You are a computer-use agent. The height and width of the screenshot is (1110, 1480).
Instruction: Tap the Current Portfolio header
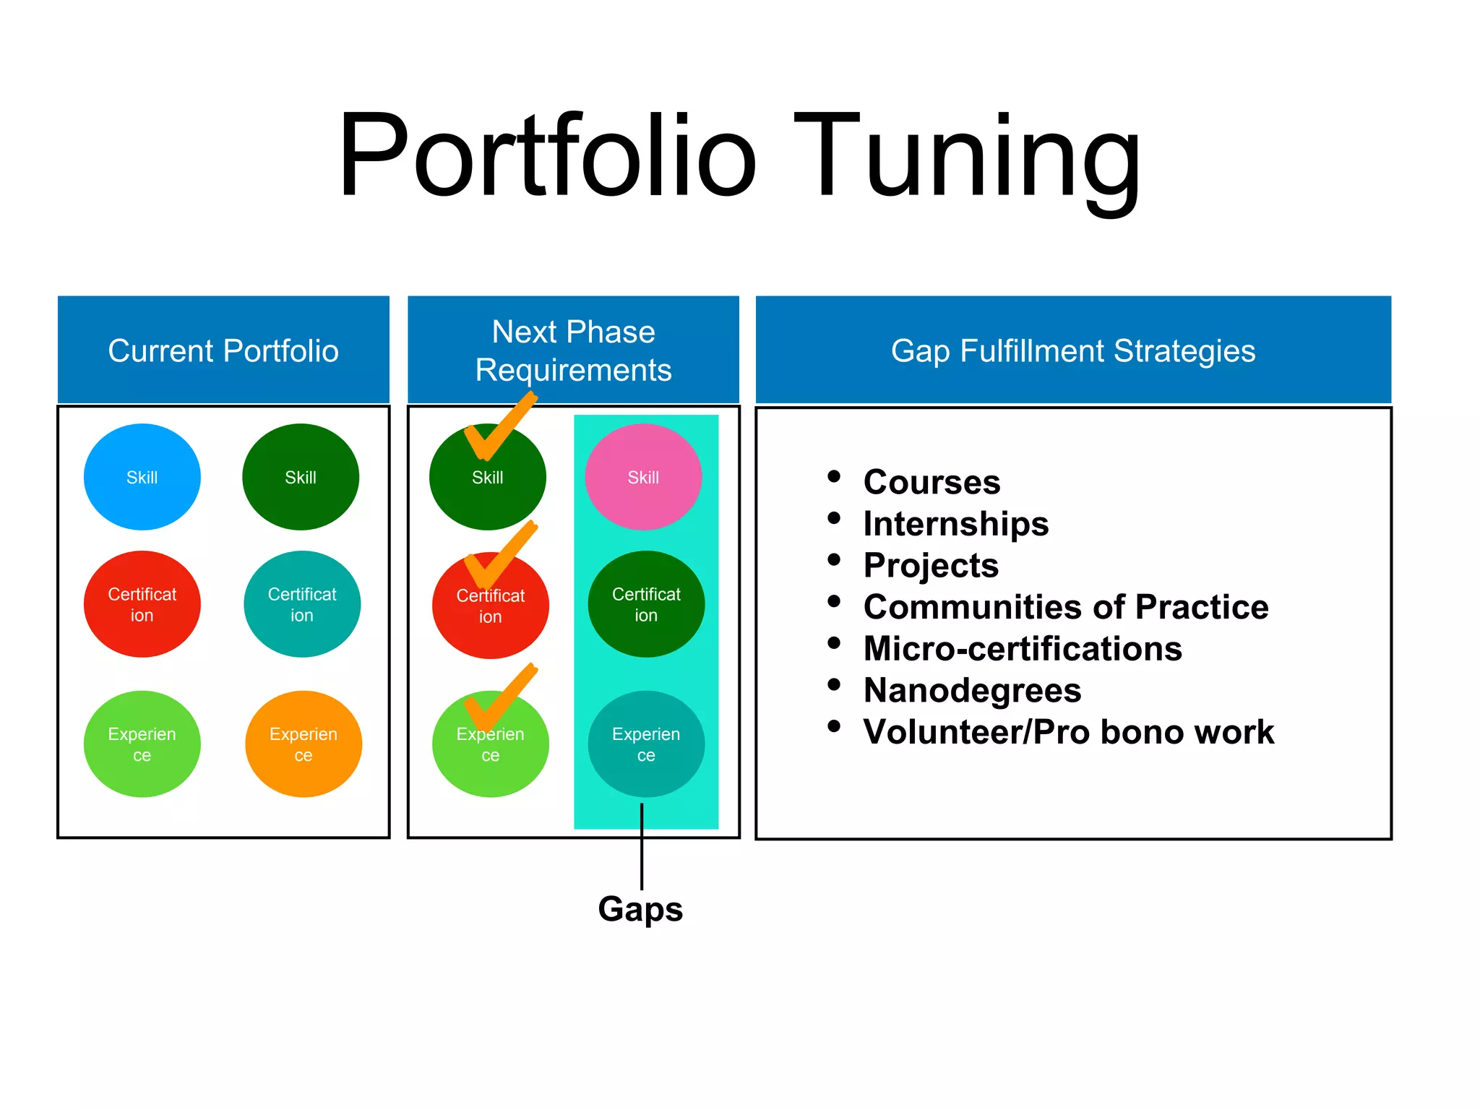223,350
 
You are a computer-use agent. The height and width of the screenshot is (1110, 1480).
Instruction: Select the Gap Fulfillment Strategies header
1073,350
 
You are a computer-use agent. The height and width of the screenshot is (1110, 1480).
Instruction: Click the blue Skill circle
142,477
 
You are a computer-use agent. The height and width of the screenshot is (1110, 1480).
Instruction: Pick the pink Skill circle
643,477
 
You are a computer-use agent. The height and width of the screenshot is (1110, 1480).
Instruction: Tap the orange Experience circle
304,744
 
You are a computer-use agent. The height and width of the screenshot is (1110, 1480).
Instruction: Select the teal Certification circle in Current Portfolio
302,604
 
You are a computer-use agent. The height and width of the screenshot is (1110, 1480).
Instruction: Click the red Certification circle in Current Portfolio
142,604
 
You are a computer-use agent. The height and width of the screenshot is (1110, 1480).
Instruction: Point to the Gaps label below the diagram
640,909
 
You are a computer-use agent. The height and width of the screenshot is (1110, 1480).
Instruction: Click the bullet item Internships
955,524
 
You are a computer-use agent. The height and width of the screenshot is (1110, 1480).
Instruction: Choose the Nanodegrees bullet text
972,690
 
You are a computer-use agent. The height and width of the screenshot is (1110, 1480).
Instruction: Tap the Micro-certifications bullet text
1023,649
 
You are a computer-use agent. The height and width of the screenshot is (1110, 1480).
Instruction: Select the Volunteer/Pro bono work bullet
1068,732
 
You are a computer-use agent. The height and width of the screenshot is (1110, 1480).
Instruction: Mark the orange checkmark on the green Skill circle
500,426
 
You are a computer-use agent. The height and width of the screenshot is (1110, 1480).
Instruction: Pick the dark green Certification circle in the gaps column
646,604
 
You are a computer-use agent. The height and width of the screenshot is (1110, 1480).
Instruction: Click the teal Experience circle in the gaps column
646,744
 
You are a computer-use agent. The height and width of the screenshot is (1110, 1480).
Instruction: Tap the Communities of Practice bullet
1066,607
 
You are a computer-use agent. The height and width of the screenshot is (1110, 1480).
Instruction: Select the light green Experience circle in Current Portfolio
142,744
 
